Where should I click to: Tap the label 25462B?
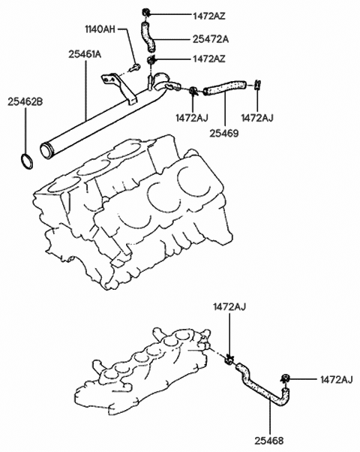(26, 98)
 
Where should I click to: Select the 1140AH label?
(99, 29)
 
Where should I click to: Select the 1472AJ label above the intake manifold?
(228, 307)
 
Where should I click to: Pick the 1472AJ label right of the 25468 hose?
(336, 380)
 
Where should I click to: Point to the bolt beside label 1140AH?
(136, 68)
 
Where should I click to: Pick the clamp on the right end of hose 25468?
(286, 379)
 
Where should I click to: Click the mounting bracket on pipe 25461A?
(120, 86)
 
